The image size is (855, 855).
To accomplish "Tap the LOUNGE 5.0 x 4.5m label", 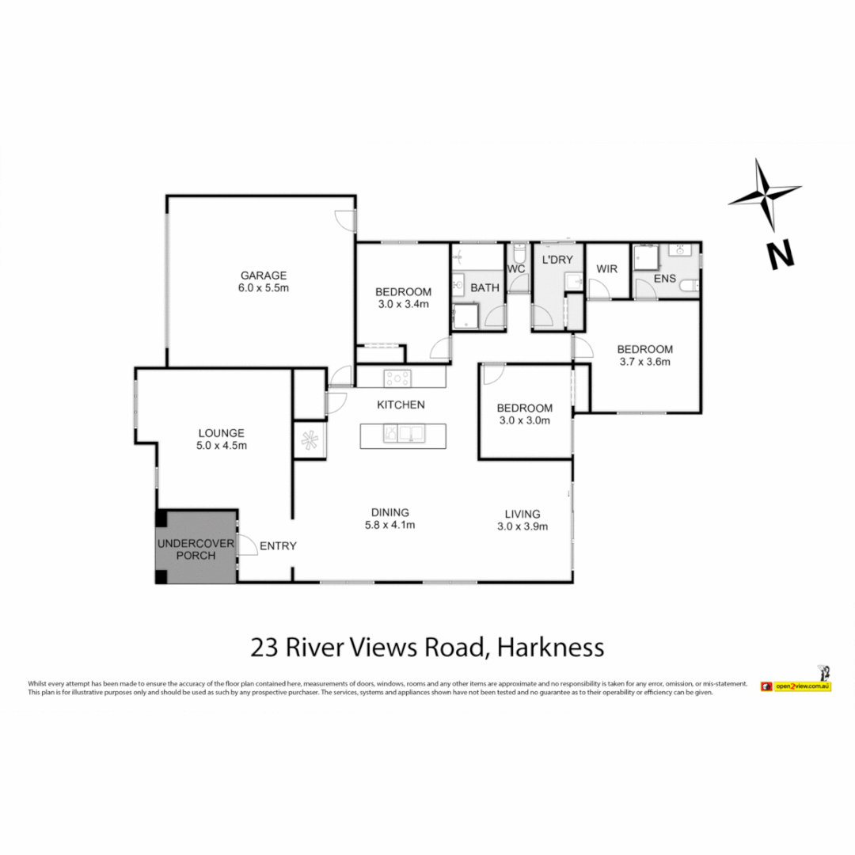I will tap(222, 439).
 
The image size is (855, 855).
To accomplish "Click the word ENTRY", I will tap(278, 545).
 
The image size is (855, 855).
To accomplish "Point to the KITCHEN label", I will tap(401, 405).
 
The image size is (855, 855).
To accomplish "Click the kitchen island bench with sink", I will tap(402, 435).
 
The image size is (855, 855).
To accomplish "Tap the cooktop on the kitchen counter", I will tap(396, 378).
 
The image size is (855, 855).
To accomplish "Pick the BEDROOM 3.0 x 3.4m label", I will tap(402, 297).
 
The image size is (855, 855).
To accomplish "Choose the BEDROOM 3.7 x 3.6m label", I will tap(644, 355).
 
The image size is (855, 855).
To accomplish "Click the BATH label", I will tap(484, 287).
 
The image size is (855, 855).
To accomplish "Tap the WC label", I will tap(516, 268).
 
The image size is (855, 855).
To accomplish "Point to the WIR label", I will tap(606, 268).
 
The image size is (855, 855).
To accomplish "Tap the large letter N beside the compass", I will tap(780, 254).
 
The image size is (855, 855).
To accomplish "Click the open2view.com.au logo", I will tap(795, 686).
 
